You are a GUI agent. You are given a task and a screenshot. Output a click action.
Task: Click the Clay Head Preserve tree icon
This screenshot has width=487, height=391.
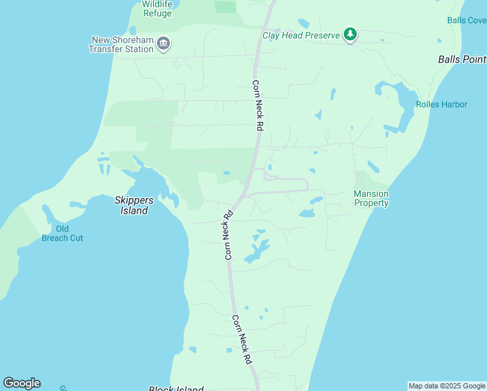[350, 35]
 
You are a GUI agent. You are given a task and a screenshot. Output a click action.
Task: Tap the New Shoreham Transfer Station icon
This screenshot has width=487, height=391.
[163, 44]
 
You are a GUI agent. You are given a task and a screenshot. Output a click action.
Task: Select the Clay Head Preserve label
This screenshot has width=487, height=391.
[301, 35]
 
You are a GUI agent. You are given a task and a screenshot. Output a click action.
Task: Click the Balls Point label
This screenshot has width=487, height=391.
[462, 59]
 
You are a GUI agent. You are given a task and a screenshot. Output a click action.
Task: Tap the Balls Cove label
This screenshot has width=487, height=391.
[466, 20]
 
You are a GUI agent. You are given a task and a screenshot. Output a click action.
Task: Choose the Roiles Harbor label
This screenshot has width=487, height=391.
[441, 104]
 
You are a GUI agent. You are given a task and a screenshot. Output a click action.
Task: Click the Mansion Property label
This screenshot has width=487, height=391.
[371, 198]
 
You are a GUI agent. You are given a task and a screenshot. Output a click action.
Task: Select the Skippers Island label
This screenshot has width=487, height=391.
[132, 205]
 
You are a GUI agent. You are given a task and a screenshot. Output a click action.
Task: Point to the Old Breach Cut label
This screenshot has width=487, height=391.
[63, 233]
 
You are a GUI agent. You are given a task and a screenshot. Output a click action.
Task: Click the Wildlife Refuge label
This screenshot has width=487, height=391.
[158, 8]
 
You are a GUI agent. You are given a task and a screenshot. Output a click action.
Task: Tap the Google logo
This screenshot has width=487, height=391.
[21, 383]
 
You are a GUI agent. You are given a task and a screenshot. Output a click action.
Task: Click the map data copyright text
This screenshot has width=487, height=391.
[447, 386]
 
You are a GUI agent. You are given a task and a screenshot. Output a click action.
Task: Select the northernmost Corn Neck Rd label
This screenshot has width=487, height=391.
[257, 106]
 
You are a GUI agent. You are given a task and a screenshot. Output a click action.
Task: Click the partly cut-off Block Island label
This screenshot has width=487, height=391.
[176, 388]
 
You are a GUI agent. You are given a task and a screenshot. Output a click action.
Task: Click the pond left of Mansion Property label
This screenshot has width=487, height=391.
[307, 213]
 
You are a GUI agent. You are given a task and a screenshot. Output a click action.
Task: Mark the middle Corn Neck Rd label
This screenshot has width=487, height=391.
[229, 235]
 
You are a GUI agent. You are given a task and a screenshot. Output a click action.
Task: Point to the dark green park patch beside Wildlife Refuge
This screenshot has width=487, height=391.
[225, 7]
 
